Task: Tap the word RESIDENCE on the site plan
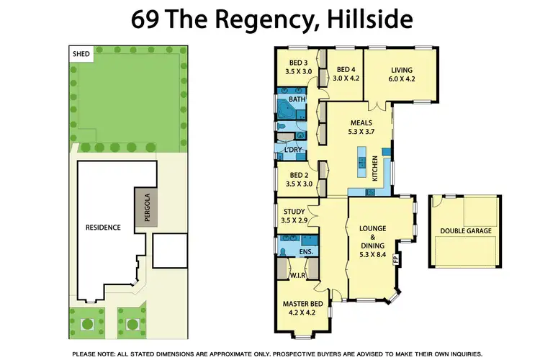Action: click(x=103, y=228)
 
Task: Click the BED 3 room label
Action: click(x=294, y=63)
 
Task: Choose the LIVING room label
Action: click(x=402, y=63)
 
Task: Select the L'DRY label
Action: click(x=292, y=149)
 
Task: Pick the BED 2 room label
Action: click(x=294, y=175)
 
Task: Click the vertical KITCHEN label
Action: click(x=374, y=170)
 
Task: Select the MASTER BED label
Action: click(x=300, y=304)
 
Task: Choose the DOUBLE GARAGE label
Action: click(x=465, y=230)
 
